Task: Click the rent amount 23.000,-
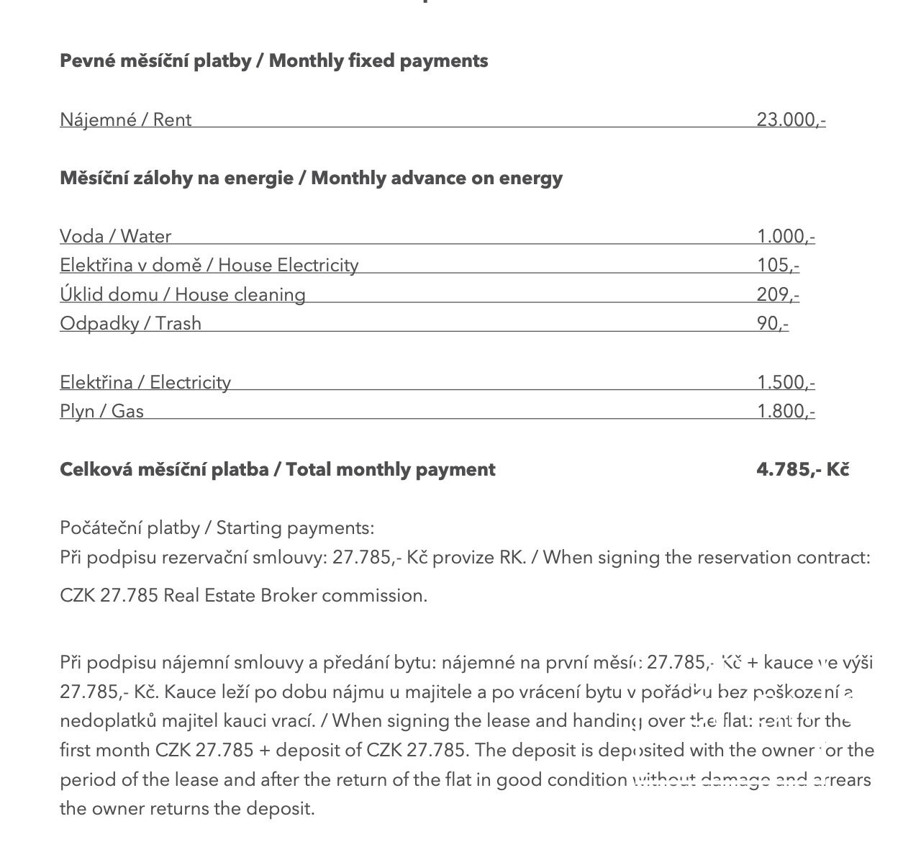click(790, 119)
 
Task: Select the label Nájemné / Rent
click(125, 119)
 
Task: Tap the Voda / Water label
click(115, 236)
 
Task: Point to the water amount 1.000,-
click(785, 236)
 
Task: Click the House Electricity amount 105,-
click(777, 265)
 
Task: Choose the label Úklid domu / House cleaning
click(182, 294)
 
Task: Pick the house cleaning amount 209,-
click(777, 294)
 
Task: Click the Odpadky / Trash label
click(130, 323)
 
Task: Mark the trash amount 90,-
click(772, 323)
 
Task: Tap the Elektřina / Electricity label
click(145, 382)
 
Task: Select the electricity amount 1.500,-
click(785, 382)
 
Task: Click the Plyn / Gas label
click(101, 411)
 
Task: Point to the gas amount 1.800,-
click(785, 411)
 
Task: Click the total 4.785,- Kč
click(802, 469)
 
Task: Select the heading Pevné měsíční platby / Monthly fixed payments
click(273, 60)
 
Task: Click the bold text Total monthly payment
click(390, 469)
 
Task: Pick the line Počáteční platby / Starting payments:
click(217, 527)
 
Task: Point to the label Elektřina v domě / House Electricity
click(209, 265)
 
